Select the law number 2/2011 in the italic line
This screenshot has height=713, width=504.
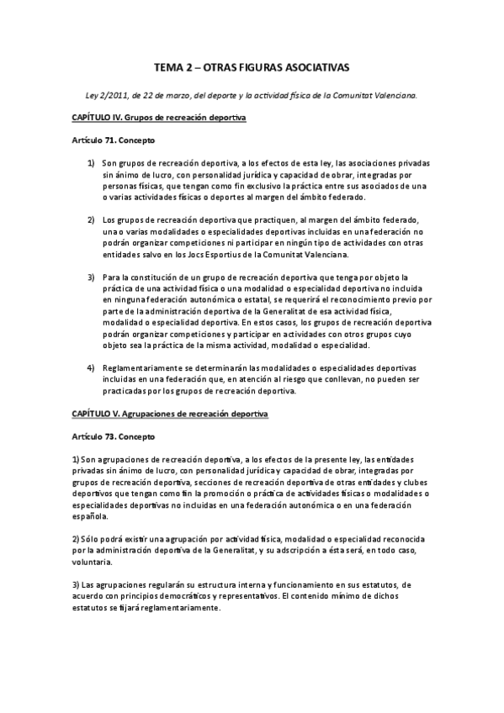109,96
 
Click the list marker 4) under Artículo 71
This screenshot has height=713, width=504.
90,368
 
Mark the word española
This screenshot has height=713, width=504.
89,519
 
